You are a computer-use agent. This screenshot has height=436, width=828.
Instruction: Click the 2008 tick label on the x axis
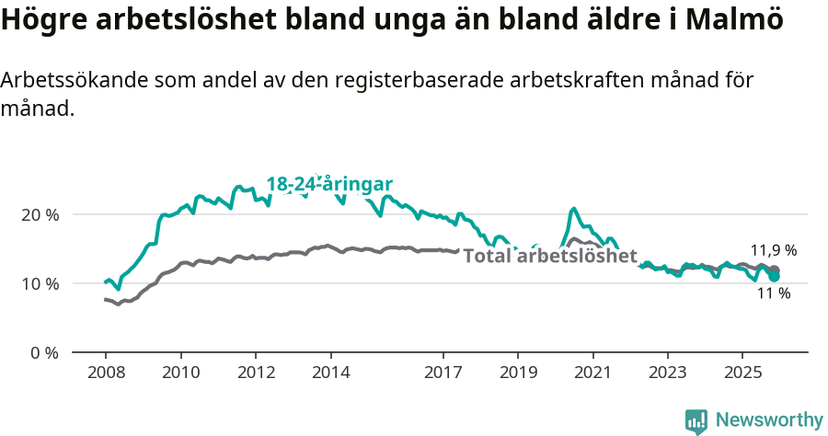tap(106, 373)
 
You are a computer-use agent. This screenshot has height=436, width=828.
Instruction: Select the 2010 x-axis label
tap(180, 373)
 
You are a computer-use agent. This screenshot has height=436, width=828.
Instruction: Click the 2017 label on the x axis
tap(443, 373)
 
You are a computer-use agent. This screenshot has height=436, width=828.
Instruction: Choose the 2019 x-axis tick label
tap(517, 373)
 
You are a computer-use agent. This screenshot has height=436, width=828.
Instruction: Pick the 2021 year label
tap(592, 373)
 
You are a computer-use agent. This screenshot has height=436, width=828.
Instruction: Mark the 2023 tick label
tap(667, 373)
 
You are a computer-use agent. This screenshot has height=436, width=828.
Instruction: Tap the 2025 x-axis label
tap(742, 373)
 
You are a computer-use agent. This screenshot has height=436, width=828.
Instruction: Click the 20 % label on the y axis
tap(40, 214)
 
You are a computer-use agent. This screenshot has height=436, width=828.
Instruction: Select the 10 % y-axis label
tap(40, 283)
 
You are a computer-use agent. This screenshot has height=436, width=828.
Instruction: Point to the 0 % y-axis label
tap(43, 352)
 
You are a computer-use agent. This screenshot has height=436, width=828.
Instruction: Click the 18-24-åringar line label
tap(329, 184)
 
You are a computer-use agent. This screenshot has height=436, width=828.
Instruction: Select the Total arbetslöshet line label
tap(549, 256)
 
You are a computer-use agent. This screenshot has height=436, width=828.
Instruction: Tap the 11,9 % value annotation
tap(774, 250)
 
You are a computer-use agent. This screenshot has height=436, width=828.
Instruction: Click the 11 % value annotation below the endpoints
tap(774, 293)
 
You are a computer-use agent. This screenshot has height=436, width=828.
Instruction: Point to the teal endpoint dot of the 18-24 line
tap(775, 276)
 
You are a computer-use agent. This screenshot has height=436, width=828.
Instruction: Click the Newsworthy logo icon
tap(696, 421)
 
